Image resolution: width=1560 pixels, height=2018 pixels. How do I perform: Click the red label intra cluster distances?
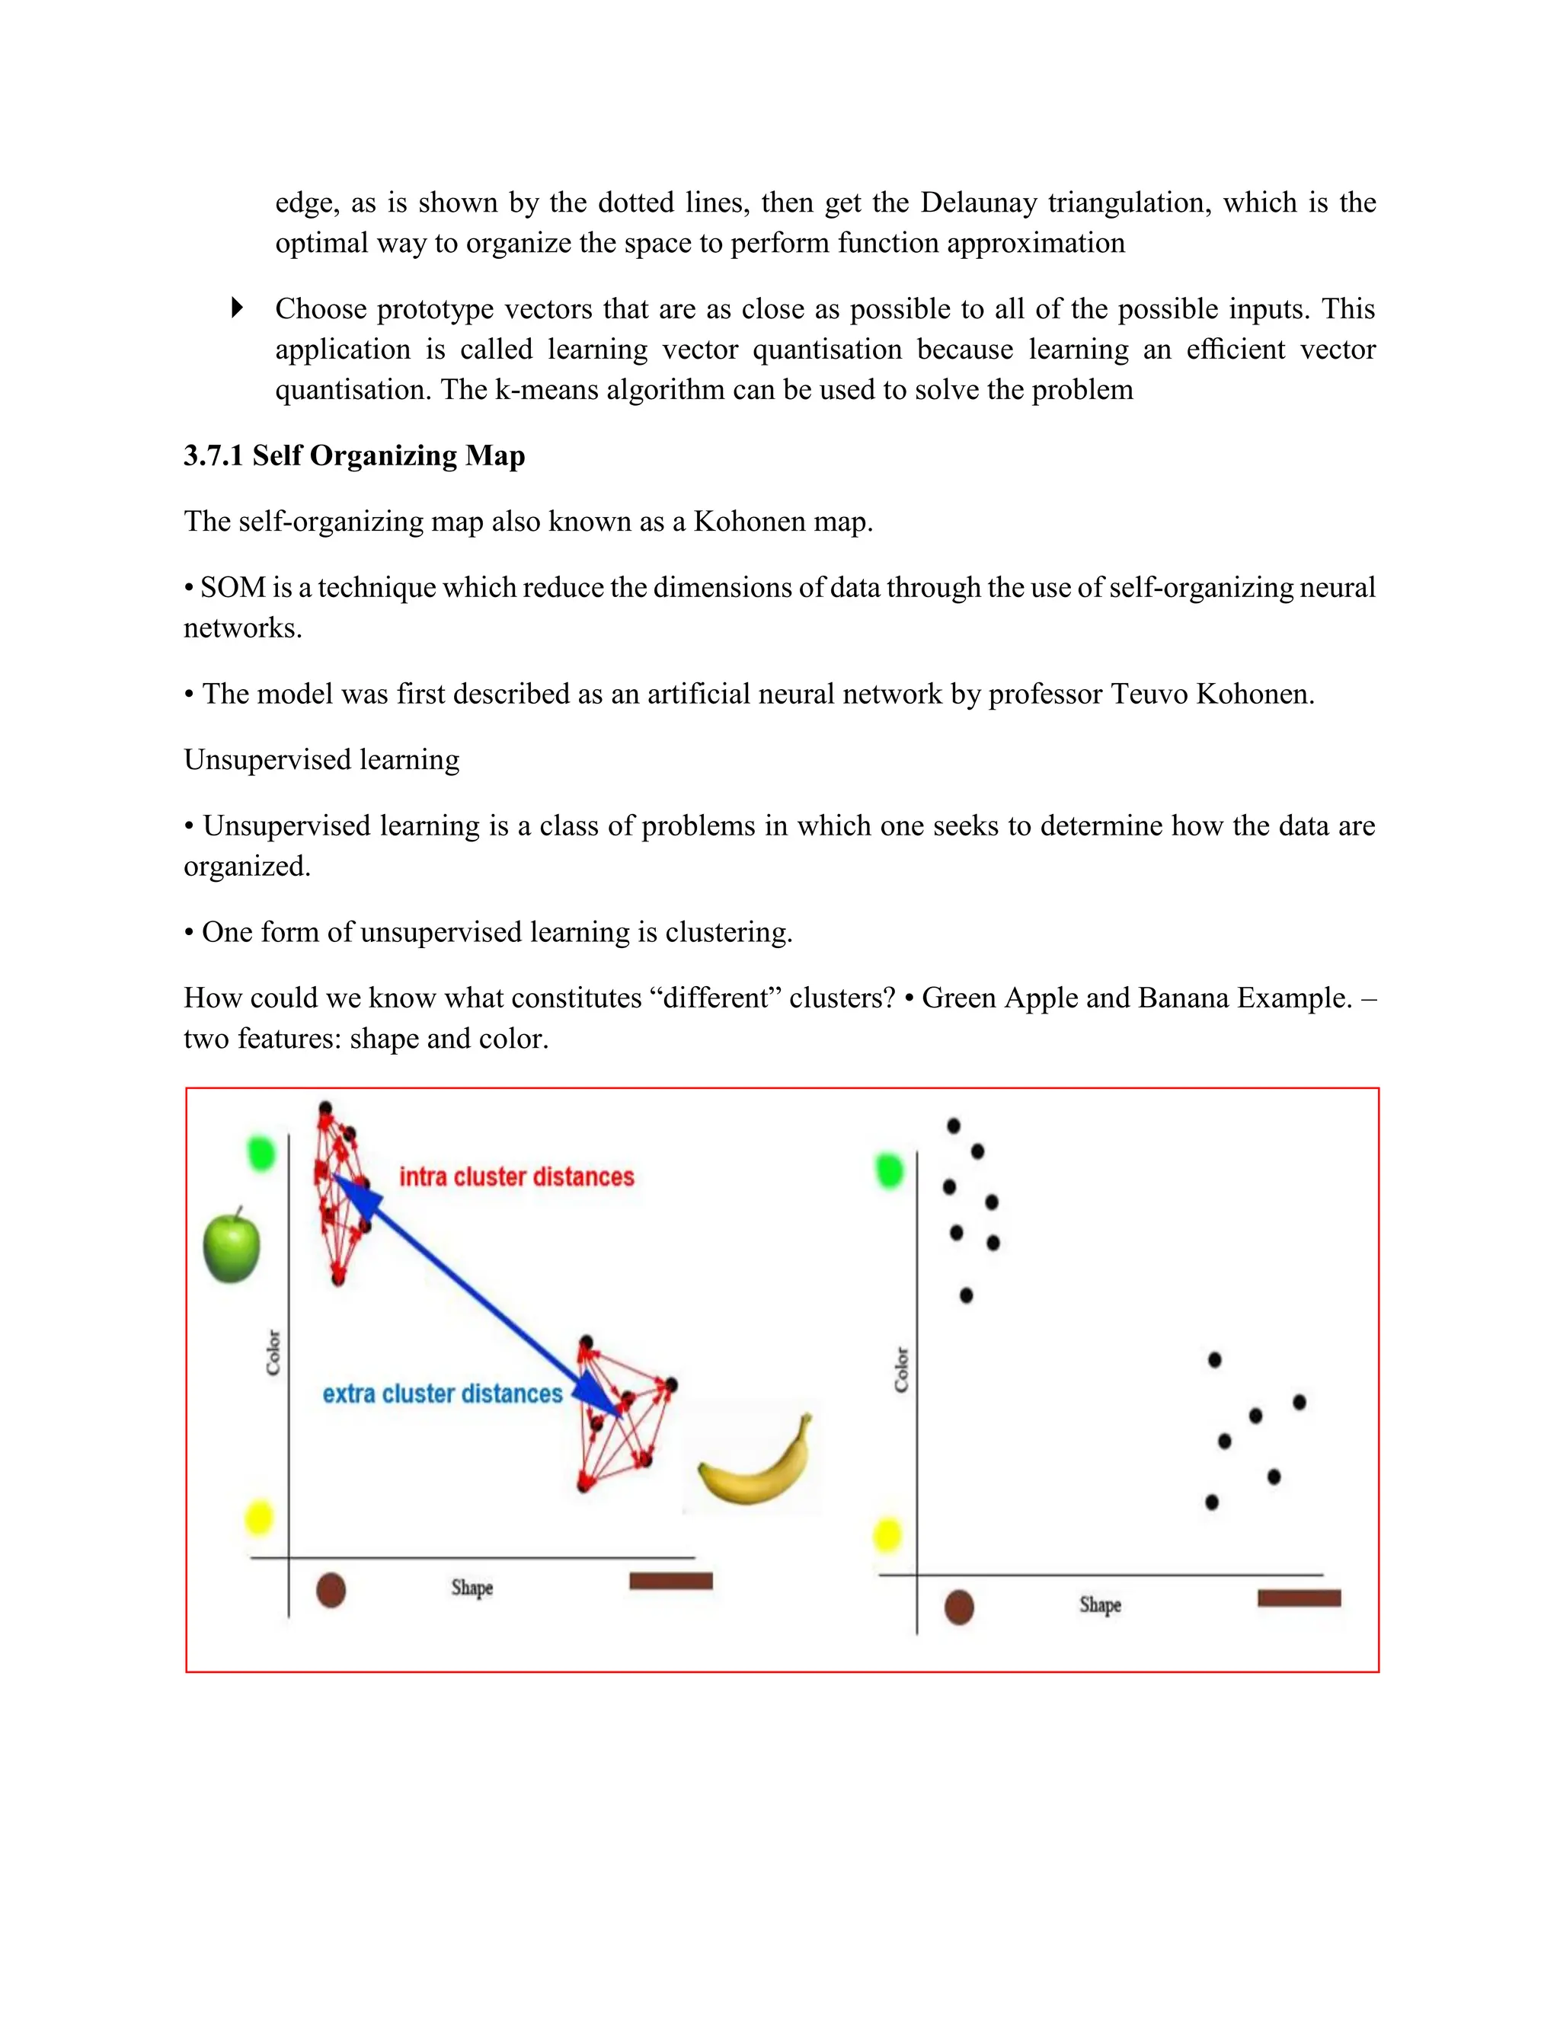(x=516, y=1177)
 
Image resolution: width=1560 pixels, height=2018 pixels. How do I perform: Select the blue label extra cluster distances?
(x=442, y=1394)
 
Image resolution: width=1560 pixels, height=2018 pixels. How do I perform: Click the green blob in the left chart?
(x=261, y=1153)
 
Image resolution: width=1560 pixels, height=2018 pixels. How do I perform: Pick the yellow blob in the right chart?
(x=887, y=1536)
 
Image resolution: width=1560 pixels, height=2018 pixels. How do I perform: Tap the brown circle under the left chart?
(x=331, y=1590)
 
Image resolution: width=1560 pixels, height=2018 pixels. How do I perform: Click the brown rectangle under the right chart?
(x=1299, y=1598)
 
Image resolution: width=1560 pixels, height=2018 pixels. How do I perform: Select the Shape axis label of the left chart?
(x=472, y=1588)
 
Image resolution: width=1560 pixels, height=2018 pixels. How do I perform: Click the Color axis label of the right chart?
(x=902, y=1370)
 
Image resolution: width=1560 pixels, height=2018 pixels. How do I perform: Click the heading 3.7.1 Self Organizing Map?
(x=354, y=455)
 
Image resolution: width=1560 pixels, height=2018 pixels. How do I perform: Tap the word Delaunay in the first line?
(x=978, y=203)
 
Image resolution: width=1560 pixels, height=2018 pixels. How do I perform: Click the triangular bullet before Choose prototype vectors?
(x=237, y=308)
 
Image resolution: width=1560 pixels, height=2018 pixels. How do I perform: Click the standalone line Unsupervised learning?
(x=321, y=759)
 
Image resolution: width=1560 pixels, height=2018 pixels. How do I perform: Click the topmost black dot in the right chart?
(x=954, y=1126)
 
